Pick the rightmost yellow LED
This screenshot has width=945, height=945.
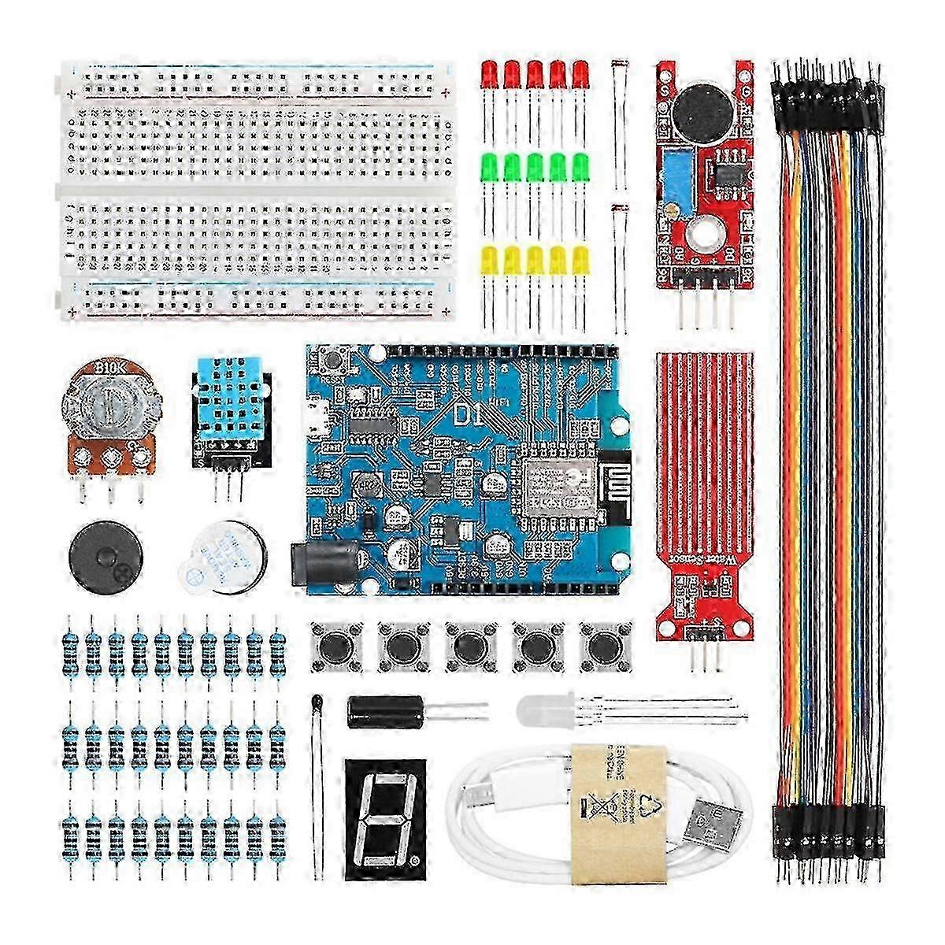(x=581, y=260)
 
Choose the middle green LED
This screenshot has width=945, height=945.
(x=535, y=167)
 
